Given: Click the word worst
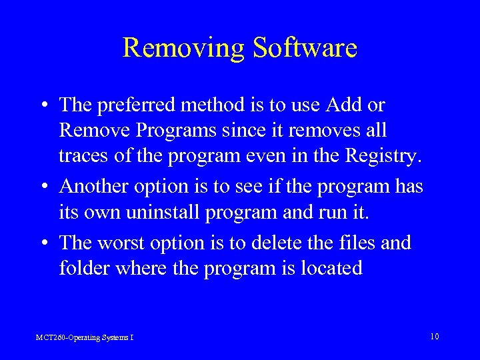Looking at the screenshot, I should (130, 243).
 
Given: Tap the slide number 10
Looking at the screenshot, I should (434, 337).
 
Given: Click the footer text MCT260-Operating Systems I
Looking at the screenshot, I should (85, 337).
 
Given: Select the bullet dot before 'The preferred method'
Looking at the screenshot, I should (42, 106).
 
